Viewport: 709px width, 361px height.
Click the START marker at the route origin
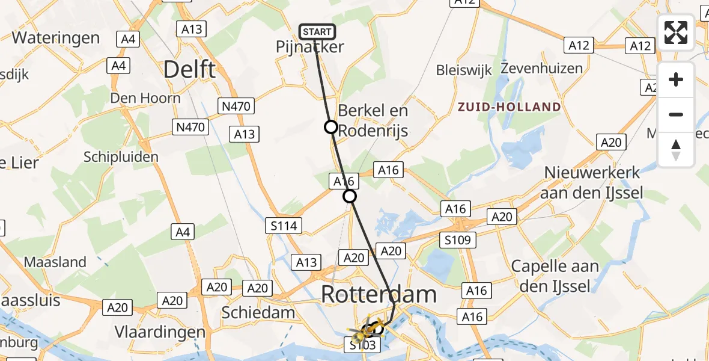(317, 31)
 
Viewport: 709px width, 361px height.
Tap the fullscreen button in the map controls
(676, 32)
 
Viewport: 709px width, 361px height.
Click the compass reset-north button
(676, 150)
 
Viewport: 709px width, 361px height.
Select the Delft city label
(189, 70)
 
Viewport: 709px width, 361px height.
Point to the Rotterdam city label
(379, 295)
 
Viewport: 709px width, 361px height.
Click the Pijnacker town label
(310, 47)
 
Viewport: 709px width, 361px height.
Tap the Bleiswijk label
(464, 70)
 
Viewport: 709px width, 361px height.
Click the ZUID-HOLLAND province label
(509, 107)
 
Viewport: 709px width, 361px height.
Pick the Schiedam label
(258, 312)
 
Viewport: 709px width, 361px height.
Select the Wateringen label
(56, 38)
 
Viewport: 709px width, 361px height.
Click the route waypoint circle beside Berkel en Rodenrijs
(330, 127)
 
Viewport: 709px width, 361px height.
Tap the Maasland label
(55, 262)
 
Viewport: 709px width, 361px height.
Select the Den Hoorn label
(145, 98)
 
